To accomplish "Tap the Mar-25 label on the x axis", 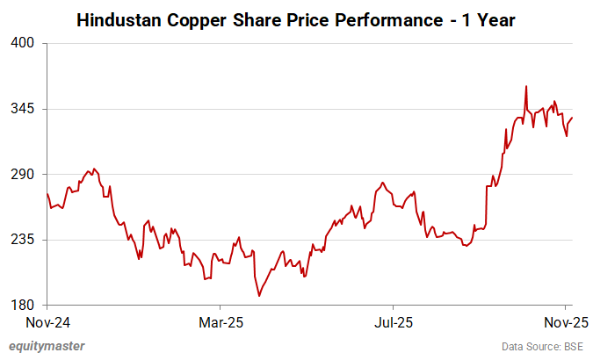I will pyautogui.click(x=221, y=322).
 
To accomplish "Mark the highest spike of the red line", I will pyautogui.click(x=525, y=86).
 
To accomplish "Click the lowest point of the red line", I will pyautogui.click(x=259, y=296).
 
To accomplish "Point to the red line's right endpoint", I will pyautogui.click(x=573, y=118).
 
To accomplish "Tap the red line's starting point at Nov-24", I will pyautogui.click(x=47, y=193).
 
